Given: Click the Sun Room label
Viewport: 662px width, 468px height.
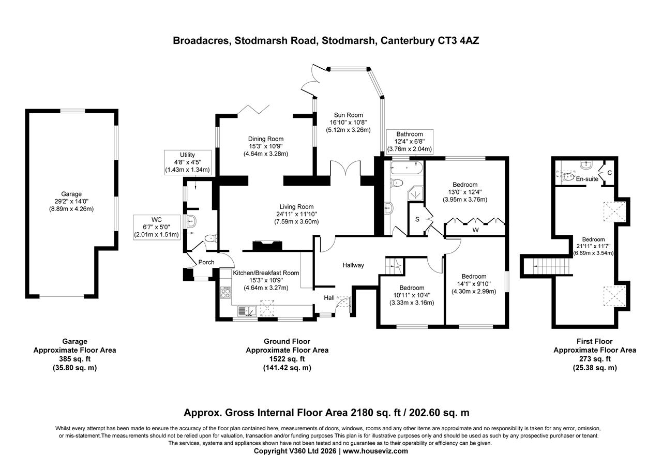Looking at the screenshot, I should tap(348, 115).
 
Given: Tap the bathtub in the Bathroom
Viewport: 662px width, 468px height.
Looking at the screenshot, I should tap(407, 168).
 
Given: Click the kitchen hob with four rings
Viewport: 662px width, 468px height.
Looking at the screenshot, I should tap(226, 293).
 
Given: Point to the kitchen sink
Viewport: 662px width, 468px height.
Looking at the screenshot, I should tap(248, 311).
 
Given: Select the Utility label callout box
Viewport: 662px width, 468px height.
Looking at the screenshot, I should tap(187, 162).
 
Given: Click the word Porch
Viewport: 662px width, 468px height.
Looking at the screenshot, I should tap(206, 262).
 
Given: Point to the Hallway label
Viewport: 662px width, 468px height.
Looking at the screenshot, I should tap(353, 265).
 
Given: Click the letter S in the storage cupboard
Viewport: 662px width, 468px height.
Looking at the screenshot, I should tap(417, 219).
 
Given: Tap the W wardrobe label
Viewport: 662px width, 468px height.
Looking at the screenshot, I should tap(474, 230).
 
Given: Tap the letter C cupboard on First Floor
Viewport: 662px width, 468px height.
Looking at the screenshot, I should tap(610, 173).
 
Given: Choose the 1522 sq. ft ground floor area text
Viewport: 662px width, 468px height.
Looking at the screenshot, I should tap(287, 359).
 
